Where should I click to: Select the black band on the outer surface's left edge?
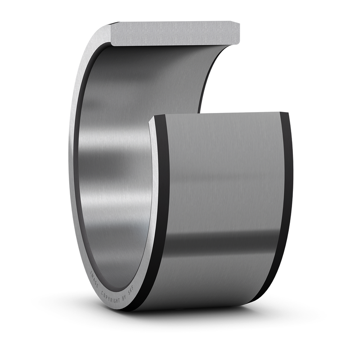coord(162,202)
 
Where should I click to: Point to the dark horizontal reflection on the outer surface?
coord(220,243)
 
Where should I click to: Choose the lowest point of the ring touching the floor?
coord(135,310)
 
